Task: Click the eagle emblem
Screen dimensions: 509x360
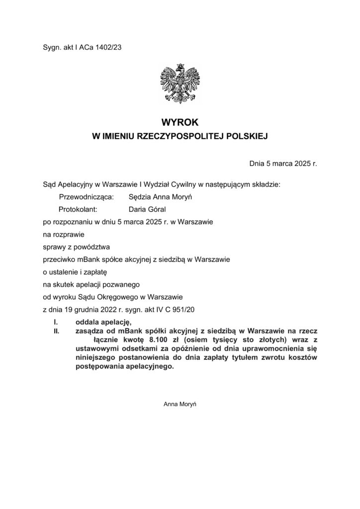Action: [x=180, y=84]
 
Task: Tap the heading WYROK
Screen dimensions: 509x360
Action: [x=180, y=121]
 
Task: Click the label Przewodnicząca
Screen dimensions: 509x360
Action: [x=87, y=197]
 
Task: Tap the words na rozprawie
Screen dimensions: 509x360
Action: [x=64, y=233]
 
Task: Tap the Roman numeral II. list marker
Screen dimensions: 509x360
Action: [x=57, y=330]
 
